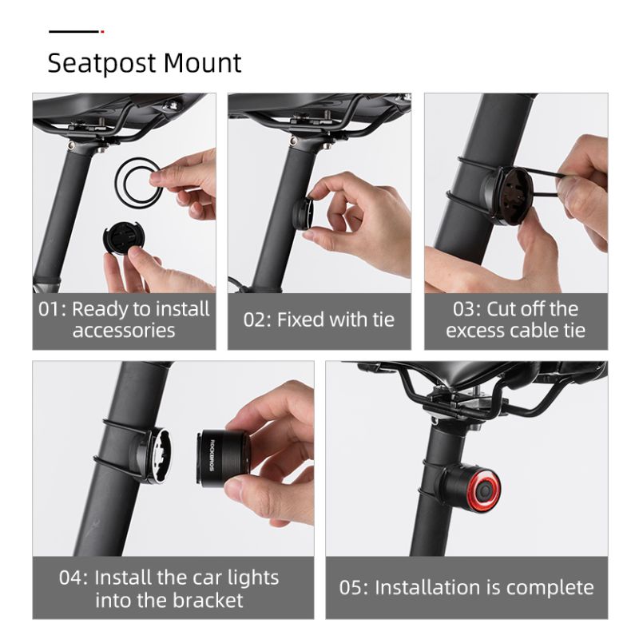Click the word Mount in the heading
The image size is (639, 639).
coord(203,63)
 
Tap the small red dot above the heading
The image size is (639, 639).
coord(102,32)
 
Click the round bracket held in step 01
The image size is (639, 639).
coord(122,239)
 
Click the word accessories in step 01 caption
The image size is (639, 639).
coord(124,330)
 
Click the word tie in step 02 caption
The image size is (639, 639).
coord(381,319)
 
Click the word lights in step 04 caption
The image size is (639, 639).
coord(248,577)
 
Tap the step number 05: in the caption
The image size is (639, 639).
coord(353,588)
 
